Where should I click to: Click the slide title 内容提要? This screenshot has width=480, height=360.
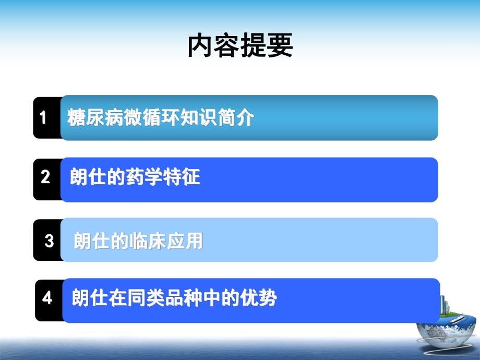[240, 46]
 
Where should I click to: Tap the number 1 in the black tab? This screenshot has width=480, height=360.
[43, 117]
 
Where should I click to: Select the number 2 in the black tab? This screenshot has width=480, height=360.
[45, 177]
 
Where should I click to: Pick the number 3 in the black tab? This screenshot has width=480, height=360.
[49, 241]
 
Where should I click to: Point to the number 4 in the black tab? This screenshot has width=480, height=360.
[47, 298]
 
